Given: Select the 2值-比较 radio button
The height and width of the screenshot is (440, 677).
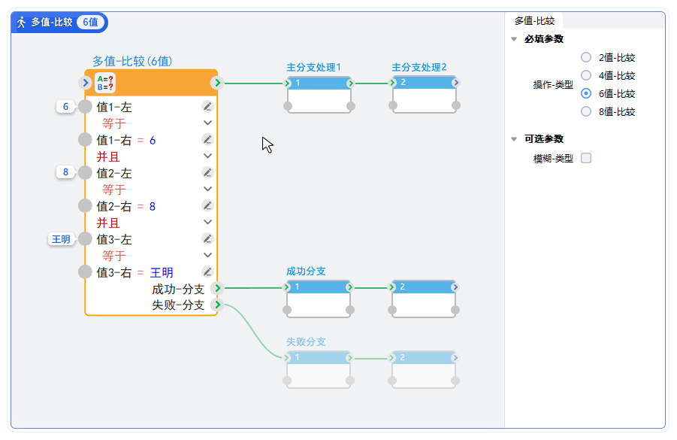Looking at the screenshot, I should coord(586,57).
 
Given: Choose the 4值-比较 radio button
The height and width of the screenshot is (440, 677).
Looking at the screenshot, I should coord(586,75).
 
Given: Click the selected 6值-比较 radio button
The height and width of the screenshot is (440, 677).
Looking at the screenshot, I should coord(586,94).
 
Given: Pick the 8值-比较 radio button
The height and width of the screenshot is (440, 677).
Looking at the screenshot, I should coord(586,112).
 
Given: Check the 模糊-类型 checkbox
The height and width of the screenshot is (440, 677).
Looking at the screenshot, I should coord(586,158).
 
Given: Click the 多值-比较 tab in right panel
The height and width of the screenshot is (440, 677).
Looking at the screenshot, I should coord(533,21).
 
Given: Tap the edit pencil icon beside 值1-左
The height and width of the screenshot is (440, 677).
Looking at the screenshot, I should coord(208,107).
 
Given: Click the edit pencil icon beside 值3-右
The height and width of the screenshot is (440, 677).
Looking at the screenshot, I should coord(208,272).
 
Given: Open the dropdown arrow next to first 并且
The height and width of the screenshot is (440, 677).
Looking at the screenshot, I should coord(208,156).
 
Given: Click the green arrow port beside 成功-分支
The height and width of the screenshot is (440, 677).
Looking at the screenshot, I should coord(217,288).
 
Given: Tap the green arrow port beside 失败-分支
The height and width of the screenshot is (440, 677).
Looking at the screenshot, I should coord(217,305).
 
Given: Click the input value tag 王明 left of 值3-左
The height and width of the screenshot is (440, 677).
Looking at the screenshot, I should coord(60,239).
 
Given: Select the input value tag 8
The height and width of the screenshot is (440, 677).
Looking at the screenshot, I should coord(65,173).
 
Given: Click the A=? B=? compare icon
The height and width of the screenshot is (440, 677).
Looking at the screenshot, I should coord(106,83).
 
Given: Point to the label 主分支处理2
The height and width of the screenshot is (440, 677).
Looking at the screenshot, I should coord(419,68).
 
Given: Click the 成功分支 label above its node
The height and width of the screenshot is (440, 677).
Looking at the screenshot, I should coord(306,272).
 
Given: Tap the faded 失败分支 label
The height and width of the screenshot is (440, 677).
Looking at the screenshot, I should coord(306,342).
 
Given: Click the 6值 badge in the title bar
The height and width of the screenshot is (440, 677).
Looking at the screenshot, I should coord(90,23).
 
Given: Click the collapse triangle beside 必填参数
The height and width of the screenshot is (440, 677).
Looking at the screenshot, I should coord(514,39).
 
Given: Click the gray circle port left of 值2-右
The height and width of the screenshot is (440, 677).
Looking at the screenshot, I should coord(86,205).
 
